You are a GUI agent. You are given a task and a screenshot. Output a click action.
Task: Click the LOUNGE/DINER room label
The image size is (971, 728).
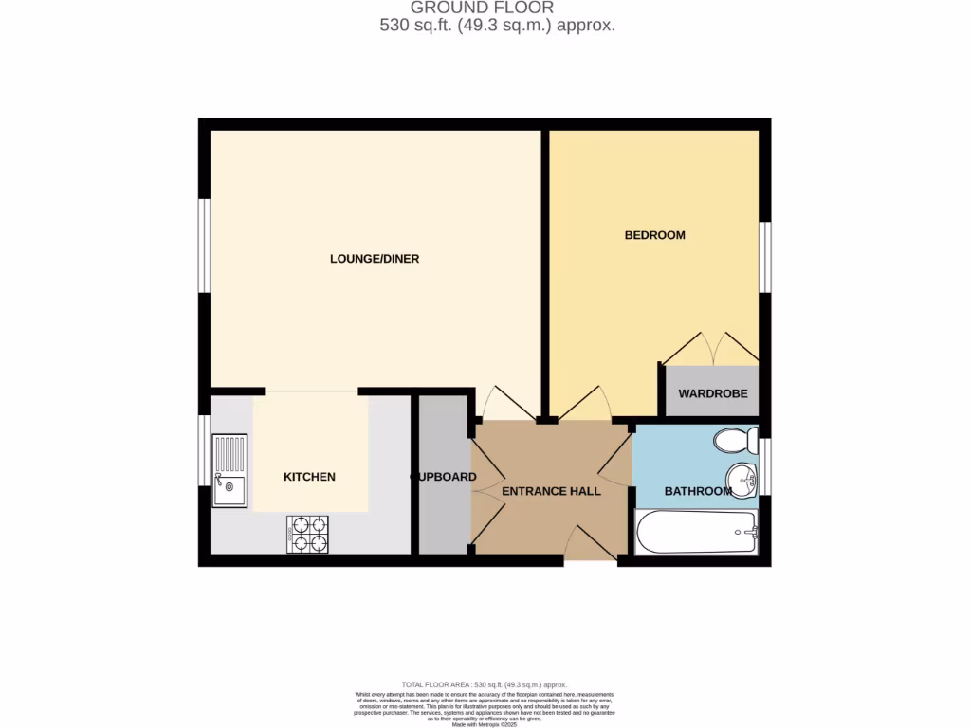[x=375, y=259]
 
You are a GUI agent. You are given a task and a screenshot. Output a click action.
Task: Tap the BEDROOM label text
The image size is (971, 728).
[x=654, y=235]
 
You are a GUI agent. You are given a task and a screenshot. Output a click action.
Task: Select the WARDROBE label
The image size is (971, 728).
[x=712, y=393]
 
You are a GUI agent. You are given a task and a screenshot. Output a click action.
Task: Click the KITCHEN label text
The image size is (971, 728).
[x=309, y=477]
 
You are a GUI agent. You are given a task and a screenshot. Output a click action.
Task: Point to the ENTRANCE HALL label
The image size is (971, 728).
[x=551, y=491]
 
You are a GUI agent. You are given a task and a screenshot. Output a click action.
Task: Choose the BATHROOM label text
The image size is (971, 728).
[x=697, y=491]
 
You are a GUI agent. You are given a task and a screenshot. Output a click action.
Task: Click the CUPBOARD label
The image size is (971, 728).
[x=444, y=477]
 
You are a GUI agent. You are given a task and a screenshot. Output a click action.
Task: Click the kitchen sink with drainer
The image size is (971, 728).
[x=229, y=471]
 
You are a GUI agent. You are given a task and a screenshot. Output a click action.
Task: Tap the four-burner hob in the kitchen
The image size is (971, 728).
[x=307, y=534]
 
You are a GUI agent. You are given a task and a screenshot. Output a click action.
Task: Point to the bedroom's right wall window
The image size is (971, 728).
[x=765, y=258]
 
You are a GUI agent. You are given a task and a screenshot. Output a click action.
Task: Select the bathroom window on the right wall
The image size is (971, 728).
[x=765, y=466]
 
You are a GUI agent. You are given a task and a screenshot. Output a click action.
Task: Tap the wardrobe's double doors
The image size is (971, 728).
[x=710, y=348]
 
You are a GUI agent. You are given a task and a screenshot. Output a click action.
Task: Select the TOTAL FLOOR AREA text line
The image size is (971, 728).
[x=485, y=684]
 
